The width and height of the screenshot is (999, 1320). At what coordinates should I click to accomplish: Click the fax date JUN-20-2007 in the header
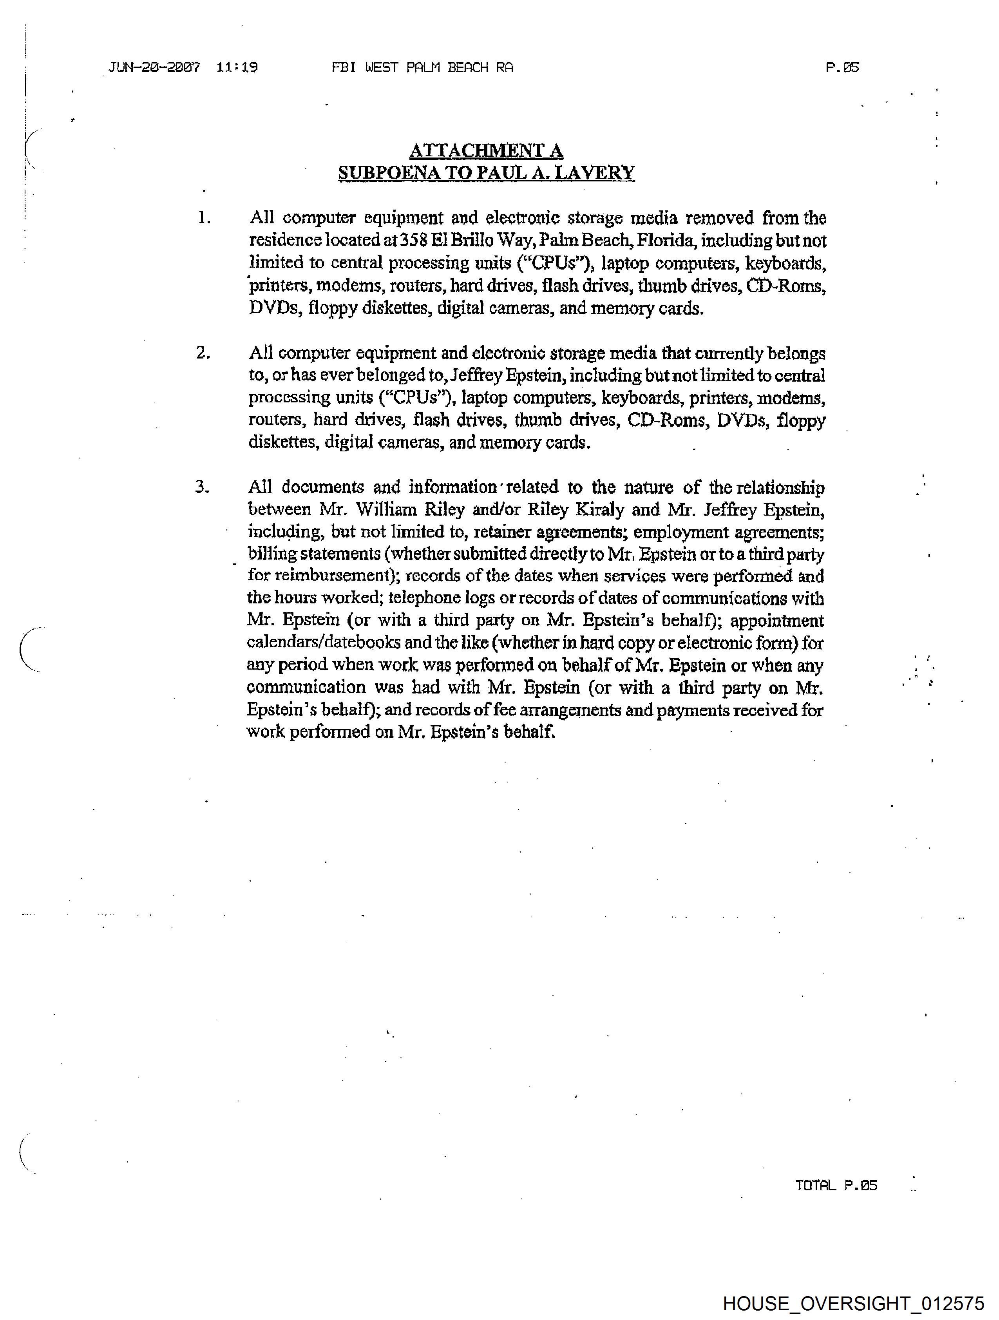154,67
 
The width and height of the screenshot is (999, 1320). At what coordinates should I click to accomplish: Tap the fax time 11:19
237,67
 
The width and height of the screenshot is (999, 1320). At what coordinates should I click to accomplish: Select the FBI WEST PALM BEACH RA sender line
422,67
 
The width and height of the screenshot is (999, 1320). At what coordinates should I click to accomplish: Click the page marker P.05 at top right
842,67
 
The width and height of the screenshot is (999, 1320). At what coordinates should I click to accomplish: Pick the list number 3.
202,487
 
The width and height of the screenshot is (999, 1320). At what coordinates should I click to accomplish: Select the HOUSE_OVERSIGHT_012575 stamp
853,1303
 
